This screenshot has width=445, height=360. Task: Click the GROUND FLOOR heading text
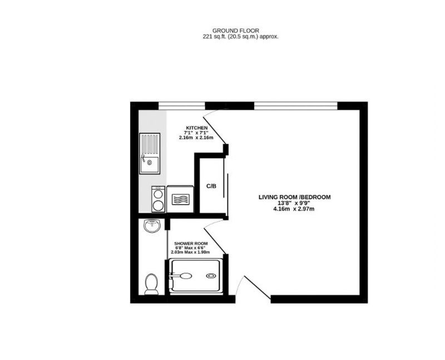[235, 31]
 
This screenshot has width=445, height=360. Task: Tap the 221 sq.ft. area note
[241, 37]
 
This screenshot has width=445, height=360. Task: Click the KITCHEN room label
[197, 128]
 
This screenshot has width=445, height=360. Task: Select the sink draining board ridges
[150, 145]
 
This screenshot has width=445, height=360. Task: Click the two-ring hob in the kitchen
[158, 199]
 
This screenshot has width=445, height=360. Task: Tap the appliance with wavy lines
[180, 199]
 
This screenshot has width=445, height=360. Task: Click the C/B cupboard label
[211, 186]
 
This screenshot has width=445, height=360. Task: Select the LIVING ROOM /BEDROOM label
[295, 197]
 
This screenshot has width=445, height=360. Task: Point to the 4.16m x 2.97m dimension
[294, 209]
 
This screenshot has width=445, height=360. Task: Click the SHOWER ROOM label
[191, 244]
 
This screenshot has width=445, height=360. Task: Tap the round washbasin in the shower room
[152, 226]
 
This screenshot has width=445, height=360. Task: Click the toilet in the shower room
[151, 284]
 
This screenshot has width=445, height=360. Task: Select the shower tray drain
[211, 275]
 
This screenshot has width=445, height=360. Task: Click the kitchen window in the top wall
[182, 106]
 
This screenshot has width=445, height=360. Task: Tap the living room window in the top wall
[295, 106]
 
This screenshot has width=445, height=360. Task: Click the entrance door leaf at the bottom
[258, 287]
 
